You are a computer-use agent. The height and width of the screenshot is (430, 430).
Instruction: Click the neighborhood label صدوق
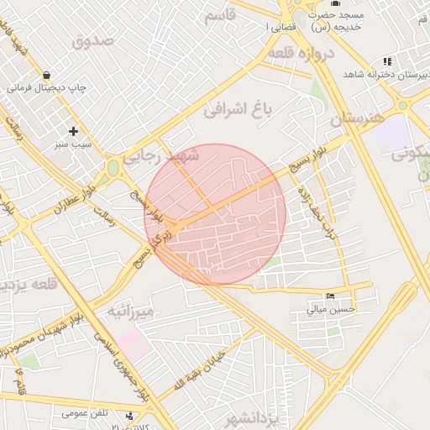(x=92, y=39)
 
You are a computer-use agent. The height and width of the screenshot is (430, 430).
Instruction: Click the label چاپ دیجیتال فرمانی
(x=47, y=87)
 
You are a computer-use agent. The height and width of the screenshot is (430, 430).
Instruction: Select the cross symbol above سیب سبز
(x=74, y=131)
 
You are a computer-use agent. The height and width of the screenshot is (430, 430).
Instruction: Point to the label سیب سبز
(x=74, y=144)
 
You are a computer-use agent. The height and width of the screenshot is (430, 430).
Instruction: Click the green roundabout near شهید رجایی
(x=113, y=169)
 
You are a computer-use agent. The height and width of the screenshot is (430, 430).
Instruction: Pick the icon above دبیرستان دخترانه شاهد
(x=386, y=61)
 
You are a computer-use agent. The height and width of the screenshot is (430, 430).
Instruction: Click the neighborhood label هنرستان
(x=361, y=120)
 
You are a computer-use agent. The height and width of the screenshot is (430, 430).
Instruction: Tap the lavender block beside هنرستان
(x=392, y=134)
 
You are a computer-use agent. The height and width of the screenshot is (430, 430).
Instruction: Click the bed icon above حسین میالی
(x=331, y=296)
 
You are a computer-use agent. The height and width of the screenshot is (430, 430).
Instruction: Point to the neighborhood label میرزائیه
(x=130, y=312)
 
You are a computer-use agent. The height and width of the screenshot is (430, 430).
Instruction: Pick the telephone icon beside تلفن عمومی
(x=130, y=413)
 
